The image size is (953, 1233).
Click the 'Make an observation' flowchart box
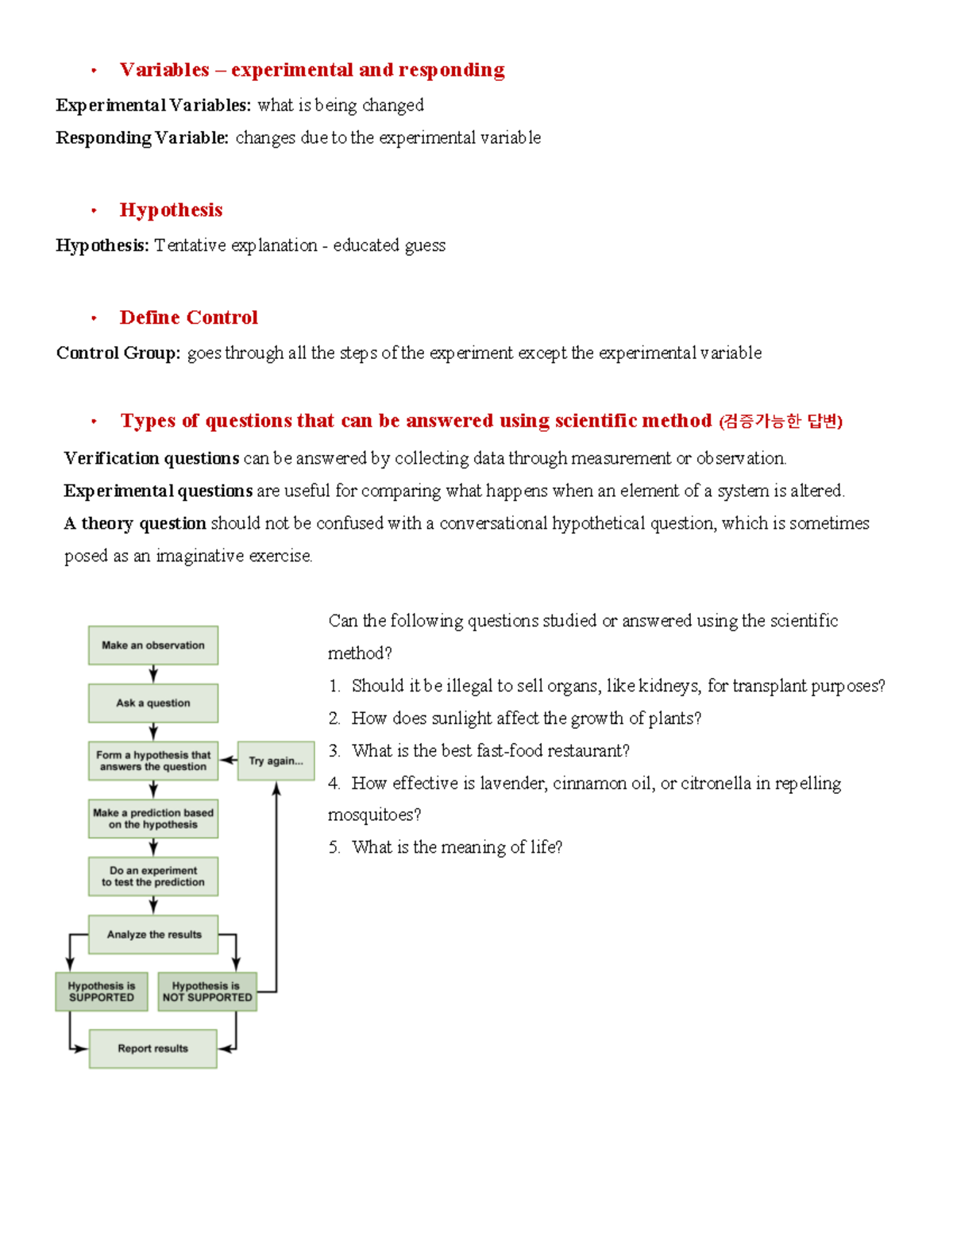click(153, 645)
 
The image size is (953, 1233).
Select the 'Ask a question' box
click(153, 703)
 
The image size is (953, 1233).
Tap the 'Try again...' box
click(276, 761)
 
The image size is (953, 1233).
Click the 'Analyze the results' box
click(153, 934)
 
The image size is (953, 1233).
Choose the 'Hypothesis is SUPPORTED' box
click(102, 992)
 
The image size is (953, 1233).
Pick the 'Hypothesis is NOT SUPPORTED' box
click(207, 992)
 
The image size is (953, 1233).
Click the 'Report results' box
click(152, 1049)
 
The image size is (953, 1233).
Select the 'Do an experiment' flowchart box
click(153, 877)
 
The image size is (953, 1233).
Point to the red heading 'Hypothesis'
click(171, 210)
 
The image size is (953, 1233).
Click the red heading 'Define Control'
click(188, 318)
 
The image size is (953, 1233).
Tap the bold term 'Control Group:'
click(118, 353)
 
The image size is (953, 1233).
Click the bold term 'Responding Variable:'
click(142, 137)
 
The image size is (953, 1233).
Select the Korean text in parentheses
click(780, 421)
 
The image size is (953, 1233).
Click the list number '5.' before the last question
click(334, 848)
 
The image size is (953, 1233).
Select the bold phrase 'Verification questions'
click(151, 458)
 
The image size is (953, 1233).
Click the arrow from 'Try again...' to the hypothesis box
click(228, 761)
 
